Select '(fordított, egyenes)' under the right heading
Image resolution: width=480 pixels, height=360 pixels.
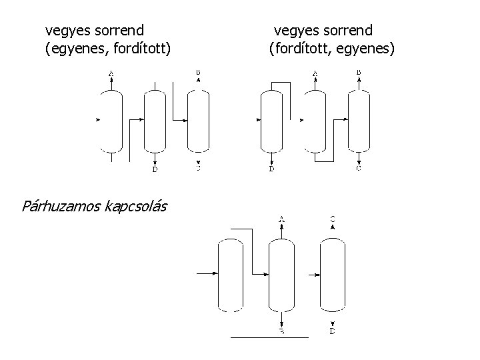[332, 48]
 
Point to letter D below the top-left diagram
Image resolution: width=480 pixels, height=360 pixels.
[155, 169]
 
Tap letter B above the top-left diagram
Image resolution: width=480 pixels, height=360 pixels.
[198, 72]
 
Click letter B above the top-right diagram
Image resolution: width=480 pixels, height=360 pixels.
[359, 72]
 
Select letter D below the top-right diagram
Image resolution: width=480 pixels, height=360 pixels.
[271, 169]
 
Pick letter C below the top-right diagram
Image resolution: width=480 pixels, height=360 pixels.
[359, 169]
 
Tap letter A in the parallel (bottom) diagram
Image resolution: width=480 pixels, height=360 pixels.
[282, 219]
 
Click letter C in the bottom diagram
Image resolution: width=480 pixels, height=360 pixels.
[333, 219]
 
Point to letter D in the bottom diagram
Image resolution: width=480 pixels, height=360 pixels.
[333, 331]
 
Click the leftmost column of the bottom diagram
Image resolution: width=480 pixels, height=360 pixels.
[231, 275]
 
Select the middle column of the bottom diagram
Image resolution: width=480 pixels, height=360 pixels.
[281, 275]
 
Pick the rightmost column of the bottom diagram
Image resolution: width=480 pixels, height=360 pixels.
[332, 275]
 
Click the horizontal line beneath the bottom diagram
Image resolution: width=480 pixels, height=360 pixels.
[269, 338]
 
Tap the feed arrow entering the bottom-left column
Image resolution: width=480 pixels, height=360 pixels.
[205, 273]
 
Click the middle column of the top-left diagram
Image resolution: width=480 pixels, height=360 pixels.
[155, 120]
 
